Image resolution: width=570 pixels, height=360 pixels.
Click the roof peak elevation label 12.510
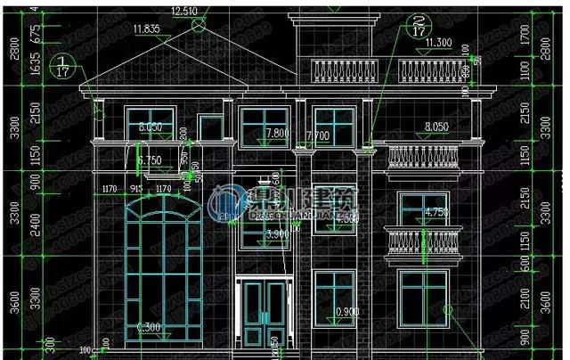click(x=183, y=11)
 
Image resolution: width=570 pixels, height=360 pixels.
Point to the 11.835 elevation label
click(x=146, y=29)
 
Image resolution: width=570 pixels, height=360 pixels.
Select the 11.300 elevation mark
click(x=437, y=42)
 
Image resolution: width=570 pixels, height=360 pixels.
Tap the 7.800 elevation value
click(x=278, y=132)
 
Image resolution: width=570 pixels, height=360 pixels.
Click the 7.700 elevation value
click(x=317, y=136)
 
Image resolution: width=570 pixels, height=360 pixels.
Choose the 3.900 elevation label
click(x=278, y=233)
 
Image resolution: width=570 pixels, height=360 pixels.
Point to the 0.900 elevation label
click(x=347, y=311)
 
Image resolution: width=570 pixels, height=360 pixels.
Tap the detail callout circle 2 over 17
click(x=415, y=25)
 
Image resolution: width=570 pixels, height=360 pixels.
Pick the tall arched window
click(x=162, y=267)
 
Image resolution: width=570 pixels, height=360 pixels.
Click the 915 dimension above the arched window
click(x=137, y=188)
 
